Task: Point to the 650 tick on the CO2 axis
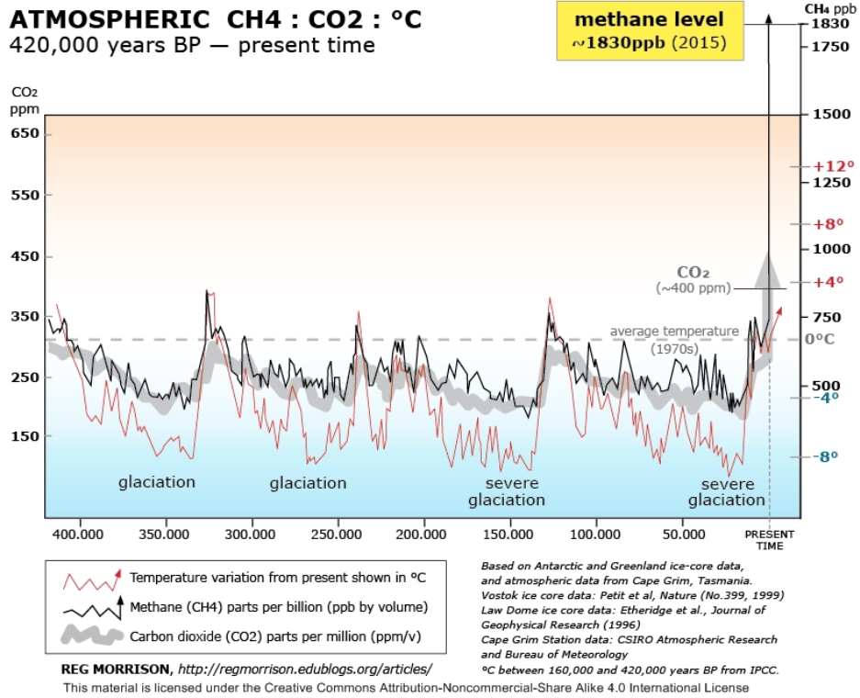coord(25,133)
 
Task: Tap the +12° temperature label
coord(827,166)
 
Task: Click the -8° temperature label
coord(827,456)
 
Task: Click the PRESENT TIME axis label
coord(769,538)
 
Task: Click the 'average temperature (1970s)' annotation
coord(674,339)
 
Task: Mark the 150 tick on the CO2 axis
coord(25,436)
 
